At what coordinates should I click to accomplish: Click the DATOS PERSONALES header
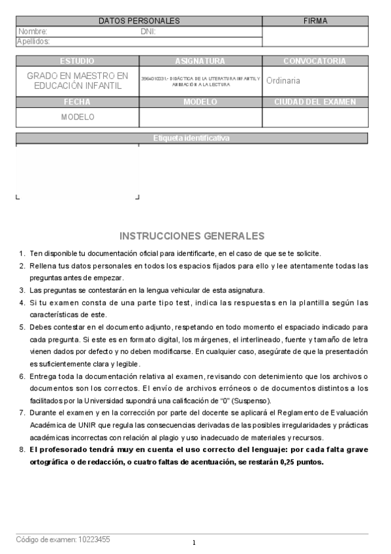[x=138, y=21]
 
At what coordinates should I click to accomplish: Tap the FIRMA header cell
[x=315, y=21]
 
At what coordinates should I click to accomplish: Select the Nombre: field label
[x=33, y=31]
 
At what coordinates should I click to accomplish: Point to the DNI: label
[x=148, y=31]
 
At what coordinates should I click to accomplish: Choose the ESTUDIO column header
[x=77, y=61]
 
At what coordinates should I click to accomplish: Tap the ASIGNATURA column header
[x=200, y=61]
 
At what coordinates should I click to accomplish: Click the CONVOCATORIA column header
[x=315, y=61]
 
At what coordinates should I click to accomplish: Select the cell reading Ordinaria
[x=283, y=81]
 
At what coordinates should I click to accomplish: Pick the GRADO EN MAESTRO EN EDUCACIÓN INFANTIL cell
[x=77, y=81]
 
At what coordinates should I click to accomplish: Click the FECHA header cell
[x=77, y=102]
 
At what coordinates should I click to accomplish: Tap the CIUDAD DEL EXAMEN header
[x=315, y=102]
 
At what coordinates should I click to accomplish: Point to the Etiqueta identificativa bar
[x=191, y=138]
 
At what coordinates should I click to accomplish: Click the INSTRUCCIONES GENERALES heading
[x=192, y=236]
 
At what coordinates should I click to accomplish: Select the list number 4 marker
[x=22, y=302]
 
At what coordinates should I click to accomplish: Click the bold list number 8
[x=22, y=449]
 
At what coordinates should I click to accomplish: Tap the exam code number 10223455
[x=92, y=540]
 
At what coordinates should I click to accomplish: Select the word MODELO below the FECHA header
[x=78, y=118]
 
